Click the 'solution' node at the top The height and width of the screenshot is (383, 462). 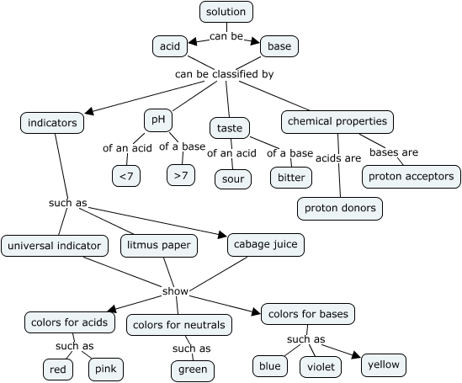[226, 12]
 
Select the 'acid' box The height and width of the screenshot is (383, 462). [170, 46]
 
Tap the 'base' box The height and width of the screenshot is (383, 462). [279, 46]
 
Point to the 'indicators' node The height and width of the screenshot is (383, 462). [52, 123]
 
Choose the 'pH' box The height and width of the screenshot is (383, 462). [157, 120]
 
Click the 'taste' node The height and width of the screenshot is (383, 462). [230, 128]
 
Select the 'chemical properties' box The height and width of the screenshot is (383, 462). [337, 121]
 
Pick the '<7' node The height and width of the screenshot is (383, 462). [126, 175]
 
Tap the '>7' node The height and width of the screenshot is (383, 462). [181, 175]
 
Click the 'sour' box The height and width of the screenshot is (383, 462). [232, 178]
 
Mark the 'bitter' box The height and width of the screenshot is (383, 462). [291, 178]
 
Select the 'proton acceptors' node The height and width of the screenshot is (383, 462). [412, 176]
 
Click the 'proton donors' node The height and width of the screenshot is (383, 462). [340, 208]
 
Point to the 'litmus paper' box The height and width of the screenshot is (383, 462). [159, 246]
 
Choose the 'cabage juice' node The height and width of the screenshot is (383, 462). [265, 244]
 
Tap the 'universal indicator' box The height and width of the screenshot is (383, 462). [55, 246]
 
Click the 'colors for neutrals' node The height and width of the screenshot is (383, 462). [178, 325]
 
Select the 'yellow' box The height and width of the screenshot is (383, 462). [384, 364]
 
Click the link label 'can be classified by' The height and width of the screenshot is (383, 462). [224, 74]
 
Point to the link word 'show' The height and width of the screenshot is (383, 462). [175, 291]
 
